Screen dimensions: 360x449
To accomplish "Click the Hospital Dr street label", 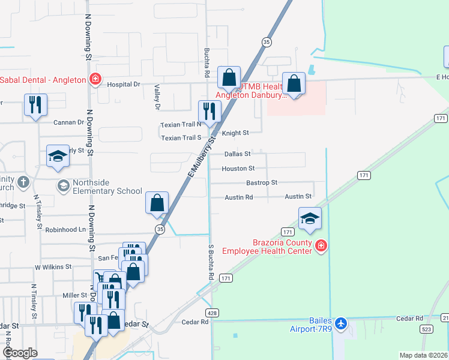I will click(x=123, y=85).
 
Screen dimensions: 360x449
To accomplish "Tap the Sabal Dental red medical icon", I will click(x=95, y=79).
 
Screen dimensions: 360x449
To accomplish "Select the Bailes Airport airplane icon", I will click(x=342, y=323).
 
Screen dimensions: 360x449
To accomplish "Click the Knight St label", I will click(x=235, y=133).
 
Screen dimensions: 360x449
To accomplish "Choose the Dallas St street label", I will click(x=237, y=154).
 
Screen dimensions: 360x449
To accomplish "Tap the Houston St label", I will click(x=238, y=169).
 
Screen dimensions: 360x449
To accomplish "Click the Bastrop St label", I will click(x=262, y=182).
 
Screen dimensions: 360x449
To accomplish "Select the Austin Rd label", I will click(x=239, y=197).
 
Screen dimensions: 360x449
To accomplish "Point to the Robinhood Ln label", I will click(x=65, y=230).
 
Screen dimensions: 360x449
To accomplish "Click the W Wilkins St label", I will click(x=53, y=266).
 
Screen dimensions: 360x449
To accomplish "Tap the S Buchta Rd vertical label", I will click(x=211, y=263).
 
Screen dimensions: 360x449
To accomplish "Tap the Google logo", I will click(x=20, y=353).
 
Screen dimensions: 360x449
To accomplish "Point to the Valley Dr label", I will click(x=158, y=97).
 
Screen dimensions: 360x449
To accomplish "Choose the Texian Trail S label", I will click(x=181, y=138).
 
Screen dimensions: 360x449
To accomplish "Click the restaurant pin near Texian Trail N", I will click(x=209, y=111).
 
